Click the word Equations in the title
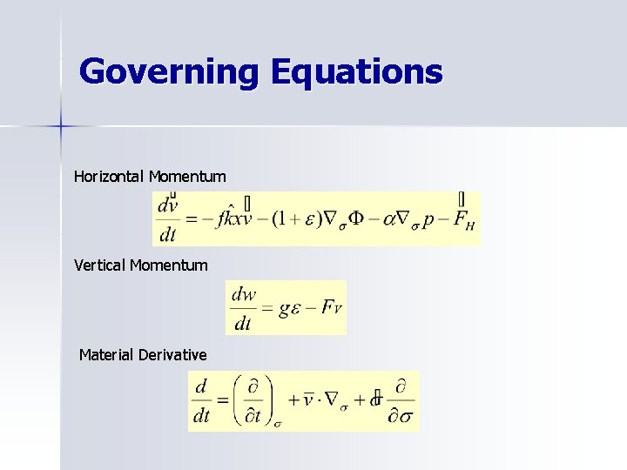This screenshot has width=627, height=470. point(356,71)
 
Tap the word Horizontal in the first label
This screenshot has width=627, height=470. point(110,177)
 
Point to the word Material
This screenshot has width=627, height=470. point(106,355)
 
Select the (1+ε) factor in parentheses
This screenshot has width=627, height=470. point(294,218)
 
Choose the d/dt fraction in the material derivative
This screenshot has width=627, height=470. point(202,400)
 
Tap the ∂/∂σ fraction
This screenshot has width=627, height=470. point(401,400)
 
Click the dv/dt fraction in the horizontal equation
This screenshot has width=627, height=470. point(168,218)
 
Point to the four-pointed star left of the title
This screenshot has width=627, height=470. point(61,127)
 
